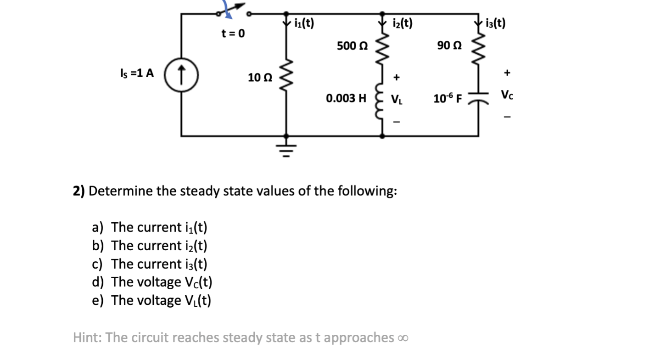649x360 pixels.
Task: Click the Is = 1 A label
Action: [x=137, y=73]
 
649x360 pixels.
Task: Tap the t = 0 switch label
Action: [x=233, y=34]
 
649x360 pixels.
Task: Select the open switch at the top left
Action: [x=233, y=14]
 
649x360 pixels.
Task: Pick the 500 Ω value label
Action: [x=352, y=46]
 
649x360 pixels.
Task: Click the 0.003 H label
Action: [x=347, y=98]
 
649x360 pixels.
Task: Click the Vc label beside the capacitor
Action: [x=507, y=96]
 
